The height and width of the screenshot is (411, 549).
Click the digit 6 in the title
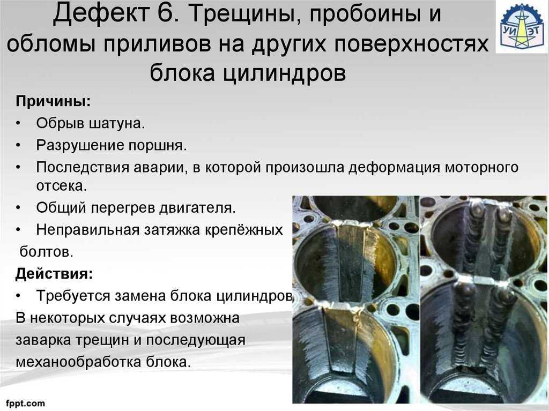point(167,13)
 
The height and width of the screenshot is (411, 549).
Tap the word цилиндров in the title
point(285,73)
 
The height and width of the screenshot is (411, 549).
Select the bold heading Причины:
point(53,101)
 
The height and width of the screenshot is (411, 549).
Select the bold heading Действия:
point(54,273)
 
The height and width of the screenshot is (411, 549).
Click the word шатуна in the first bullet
point(117,123)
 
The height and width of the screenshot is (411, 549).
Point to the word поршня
point(158,145)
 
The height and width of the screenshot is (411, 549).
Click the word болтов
point(47,251)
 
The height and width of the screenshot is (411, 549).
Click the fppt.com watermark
point(25,403)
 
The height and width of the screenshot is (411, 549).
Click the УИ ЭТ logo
point(521,27)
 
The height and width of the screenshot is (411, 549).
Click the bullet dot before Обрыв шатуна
point(18,124)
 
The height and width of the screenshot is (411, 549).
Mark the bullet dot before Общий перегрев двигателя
point(18,208)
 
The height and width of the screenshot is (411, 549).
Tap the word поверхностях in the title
point(411,44)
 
